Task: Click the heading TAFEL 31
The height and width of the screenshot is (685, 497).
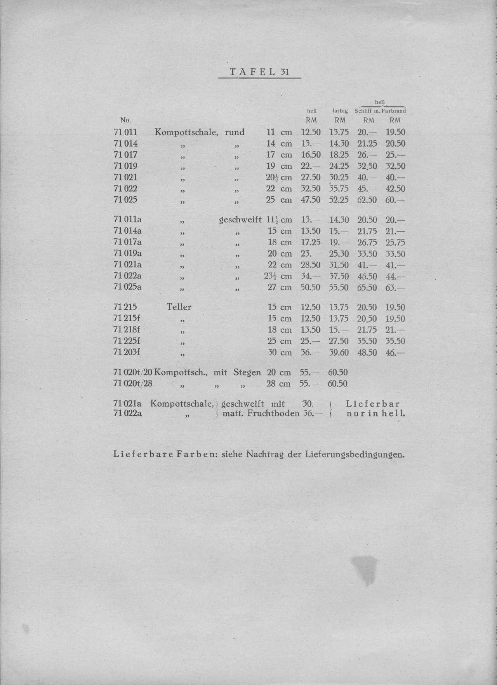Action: coord(259,72)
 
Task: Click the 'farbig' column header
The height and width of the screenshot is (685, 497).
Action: coord(340,111)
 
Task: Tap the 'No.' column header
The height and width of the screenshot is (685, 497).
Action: coord(125,120)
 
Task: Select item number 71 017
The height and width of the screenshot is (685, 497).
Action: coord(125,155)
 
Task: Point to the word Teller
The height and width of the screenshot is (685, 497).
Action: coord(179,307)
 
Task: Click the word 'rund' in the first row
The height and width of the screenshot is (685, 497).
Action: coord(235,132)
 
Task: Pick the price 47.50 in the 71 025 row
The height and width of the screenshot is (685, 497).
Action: coord(311,200)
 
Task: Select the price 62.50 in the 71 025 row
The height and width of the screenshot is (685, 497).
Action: coord(367,200)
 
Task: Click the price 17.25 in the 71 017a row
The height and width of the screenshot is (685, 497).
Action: coord(311,242)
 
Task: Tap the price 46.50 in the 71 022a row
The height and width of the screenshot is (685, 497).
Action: coord(367,276)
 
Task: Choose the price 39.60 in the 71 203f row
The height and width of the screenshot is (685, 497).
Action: coord(339,353)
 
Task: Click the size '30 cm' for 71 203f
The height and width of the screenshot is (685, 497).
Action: coord(280,353)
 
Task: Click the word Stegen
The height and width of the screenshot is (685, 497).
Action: coord(247,372)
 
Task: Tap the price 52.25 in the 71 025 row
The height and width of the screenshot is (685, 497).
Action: coord(339,200)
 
